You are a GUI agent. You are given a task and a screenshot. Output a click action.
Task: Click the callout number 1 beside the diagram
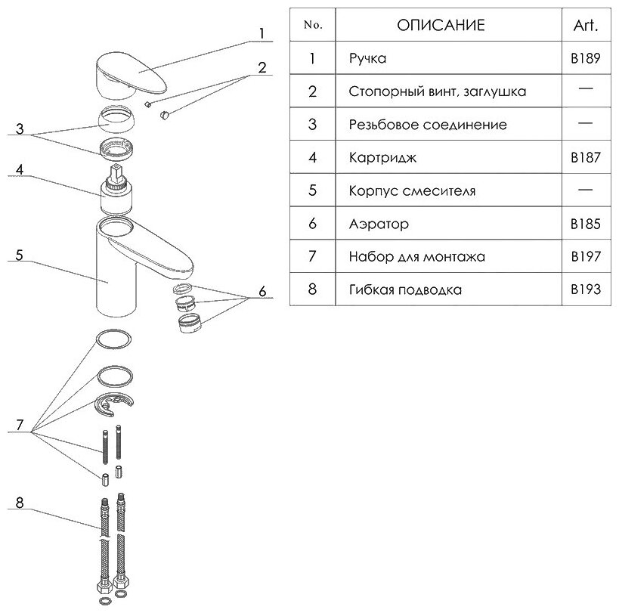pos(261,34)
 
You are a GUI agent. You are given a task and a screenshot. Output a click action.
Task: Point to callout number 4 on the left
pos(20,171)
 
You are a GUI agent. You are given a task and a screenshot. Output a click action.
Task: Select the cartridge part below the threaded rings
pos(119,190)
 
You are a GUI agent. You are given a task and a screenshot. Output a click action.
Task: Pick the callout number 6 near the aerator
pos(262,290)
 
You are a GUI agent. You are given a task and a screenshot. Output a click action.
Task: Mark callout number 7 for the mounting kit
pos(20,426)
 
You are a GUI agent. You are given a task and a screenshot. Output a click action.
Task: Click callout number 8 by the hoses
pos(20,501)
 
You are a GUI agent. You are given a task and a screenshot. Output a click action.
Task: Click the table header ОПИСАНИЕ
pos(441,25)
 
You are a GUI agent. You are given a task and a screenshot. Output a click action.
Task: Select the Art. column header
pos(586,25)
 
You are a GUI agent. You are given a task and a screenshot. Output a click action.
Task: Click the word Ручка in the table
pos(368,59)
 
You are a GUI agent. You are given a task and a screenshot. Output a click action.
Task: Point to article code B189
pos(586,59)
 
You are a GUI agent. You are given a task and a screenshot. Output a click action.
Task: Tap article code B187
pos(586,158)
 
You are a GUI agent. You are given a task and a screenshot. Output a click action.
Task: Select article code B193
pos(586,289)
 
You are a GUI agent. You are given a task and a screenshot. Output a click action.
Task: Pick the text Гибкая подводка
pos(405,289)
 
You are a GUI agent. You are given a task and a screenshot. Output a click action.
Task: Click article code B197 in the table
pos(586,257)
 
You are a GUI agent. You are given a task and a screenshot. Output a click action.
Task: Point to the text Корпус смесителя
pos(413,191)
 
